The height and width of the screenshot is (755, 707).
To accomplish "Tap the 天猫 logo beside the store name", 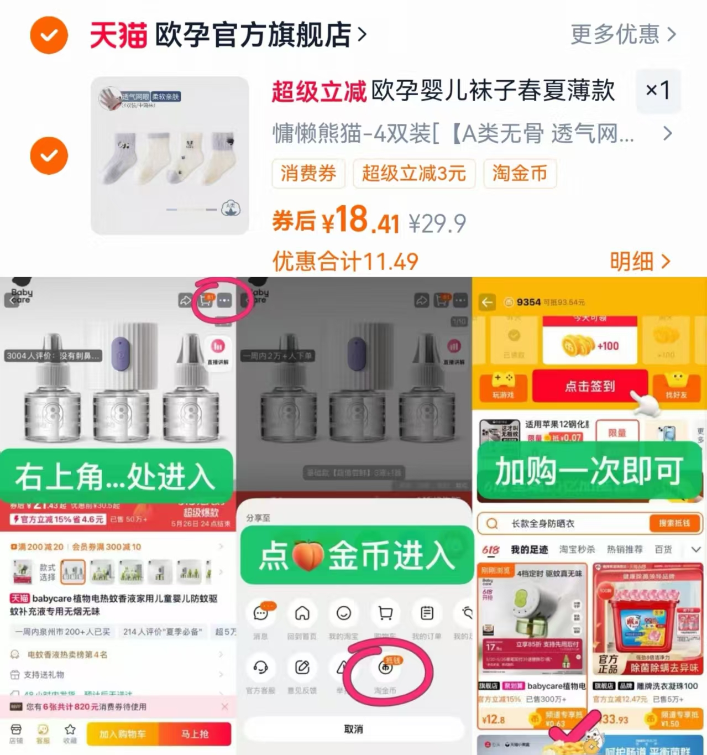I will click(x=118, y=35).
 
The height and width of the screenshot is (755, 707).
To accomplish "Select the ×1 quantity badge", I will click(x=658, y=90).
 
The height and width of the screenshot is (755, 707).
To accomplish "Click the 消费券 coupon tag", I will click(x=308, y=174).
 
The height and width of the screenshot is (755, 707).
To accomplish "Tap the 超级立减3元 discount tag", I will click(x=413, y=174).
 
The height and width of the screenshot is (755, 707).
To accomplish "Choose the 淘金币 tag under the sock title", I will click(x=520, y=174).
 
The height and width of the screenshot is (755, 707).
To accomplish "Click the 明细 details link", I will click(x=640, y=262).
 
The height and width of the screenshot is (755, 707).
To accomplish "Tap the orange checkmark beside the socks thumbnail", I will click(x=49, y=155).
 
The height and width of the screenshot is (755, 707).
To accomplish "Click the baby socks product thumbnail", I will click(x=170, y=155).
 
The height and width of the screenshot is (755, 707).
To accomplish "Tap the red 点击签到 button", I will click(x=589, y=386).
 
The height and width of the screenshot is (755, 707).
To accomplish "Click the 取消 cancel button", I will click(x=354, y=729).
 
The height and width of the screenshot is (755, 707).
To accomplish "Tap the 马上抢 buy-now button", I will click(x=195, y=734).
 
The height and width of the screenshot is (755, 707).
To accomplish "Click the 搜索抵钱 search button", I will click(x=674, y=523).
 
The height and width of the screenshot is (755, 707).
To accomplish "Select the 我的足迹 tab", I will click(x=529, y=550).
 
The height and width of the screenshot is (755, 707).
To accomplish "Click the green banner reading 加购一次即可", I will click(x=589, y=471).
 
